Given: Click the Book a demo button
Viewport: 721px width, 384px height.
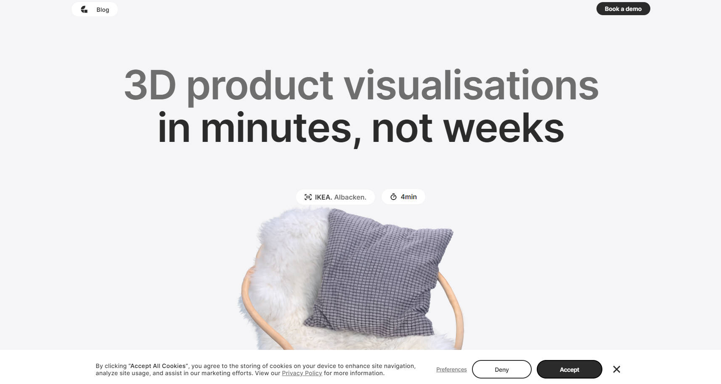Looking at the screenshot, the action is (x=623, y=9).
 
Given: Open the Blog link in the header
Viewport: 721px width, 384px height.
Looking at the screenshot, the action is (x=103, y=10).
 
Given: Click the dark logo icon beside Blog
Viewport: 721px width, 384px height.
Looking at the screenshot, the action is (x=84, y=9).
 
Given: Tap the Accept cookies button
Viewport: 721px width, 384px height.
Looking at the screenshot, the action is (x=570, y=369).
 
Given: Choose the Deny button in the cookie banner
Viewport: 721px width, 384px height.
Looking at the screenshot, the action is (x=501, y=369).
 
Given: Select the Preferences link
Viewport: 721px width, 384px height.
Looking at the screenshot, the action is (x=451, y=370).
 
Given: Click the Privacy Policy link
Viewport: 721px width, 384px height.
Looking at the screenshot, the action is (x=302, y=373).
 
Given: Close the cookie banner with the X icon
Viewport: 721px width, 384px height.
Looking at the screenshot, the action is (x=616, y=369).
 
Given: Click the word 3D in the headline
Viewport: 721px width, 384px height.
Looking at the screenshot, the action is (x=150, y=85).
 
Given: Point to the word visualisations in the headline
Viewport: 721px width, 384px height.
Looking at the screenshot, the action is (x=471, y=84).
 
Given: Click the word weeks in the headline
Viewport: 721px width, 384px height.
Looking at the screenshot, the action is (x=504, y=128).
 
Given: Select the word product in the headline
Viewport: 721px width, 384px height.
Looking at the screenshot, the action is (x=260, y=88).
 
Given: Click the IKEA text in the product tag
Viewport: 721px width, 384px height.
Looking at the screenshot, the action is (x=323, y=197).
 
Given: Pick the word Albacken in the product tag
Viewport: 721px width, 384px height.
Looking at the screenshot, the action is (x=350, y=197).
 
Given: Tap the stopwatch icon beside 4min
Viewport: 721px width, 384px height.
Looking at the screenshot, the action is (x=393, y=197).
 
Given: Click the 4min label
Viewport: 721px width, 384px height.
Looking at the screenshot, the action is (x=408, y=197).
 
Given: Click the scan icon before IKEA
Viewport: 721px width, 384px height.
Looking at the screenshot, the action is (x=308, y=197).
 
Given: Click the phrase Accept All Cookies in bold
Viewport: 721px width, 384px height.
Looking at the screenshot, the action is (x=158, y=366).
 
